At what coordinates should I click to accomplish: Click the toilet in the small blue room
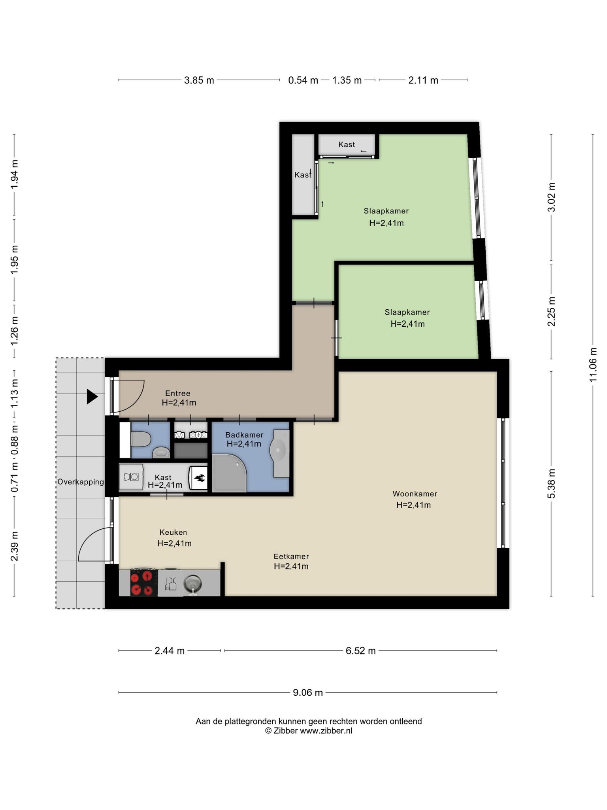[x=141, y=439]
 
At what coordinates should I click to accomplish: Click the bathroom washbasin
[x=279, y=449]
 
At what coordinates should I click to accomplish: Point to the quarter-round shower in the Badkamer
[x=229, y=473]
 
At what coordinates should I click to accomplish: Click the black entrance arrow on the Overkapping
[x=92, y=397]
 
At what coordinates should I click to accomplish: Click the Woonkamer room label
[x=415, y=494]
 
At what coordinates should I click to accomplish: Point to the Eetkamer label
[x=291, y=556]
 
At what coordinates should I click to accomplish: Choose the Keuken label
[x=173, y=532]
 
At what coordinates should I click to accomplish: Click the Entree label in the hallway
[x=178, y=393]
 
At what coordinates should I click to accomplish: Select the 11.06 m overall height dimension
[x=593, y=365]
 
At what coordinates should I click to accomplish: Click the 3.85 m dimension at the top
[x=199, y=80]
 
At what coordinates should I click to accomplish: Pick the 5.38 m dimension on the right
[x=551, y=483]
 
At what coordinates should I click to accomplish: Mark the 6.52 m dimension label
[x=360, y=651]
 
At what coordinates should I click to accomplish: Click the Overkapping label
[x=81, y=482]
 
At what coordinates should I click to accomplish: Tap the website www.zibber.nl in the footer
[x=326, y=731]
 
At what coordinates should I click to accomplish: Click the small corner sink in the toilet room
[x=161, y=452]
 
